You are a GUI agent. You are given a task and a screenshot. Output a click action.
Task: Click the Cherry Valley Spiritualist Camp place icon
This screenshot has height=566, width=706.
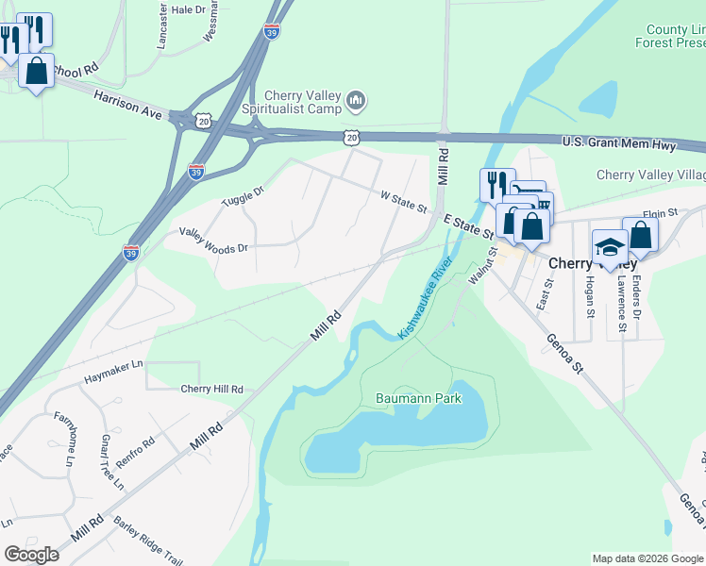356,99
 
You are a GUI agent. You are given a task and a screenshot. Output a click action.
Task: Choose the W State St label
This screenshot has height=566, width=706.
404,202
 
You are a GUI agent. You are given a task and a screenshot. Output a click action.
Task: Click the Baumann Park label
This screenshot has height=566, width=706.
419,399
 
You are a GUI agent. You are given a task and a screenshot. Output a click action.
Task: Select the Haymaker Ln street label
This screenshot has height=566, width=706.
111,364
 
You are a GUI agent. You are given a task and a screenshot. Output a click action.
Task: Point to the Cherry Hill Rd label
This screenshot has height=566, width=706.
211,389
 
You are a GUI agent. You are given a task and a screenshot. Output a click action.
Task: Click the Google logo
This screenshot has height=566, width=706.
30,555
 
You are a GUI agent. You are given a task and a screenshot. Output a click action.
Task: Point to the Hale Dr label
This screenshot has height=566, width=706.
188,9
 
